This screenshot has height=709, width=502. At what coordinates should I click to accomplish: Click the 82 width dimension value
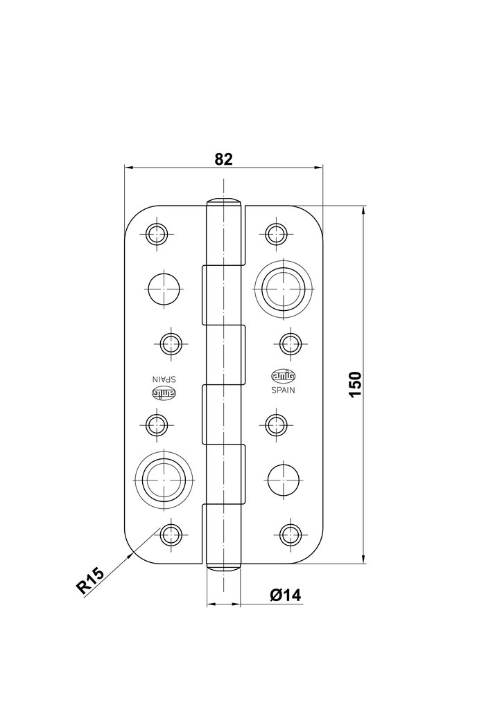tap(223, 159)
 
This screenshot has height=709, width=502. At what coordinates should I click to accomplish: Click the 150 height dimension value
tap(355, 384)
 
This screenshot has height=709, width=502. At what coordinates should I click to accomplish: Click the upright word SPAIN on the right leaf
tap(282, 390)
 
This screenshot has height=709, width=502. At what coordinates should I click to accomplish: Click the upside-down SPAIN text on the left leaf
tap(164, 378)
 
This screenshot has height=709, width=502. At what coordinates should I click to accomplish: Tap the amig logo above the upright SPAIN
tap(282, 376)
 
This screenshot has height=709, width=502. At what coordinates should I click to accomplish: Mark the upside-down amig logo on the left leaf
tap(164, 393)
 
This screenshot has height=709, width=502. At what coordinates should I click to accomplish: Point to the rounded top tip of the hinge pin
tap(223, 202)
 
